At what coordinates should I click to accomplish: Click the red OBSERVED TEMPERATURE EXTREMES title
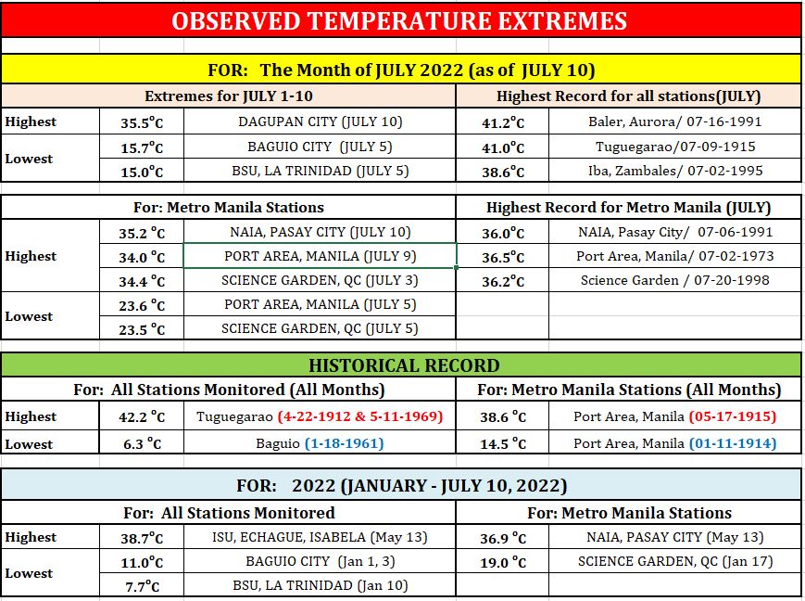pyautogui.click(x=399, y=21)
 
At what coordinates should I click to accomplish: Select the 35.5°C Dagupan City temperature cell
pyautogui.click(x=142, y=122)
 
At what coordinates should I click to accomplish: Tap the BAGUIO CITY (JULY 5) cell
pyautogui.click(x=320, y=147)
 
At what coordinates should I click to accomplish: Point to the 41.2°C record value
pyautogui.click(x=503, y=122)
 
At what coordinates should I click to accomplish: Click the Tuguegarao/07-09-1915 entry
pyautogui.click(x=675, y=147)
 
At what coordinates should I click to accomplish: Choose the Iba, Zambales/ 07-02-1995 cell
pyautogui.click(x=675, y=171)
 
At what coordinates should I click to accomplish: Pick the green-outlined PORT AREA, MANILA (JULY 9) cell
pyautogui.click(x=320, y=256)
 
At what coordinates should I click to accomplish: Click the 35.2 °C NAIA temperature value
pyautogui.click(x=142, y=233)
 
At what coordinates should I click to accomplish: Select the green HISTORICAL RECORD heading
pyautogui.click(x=404, y=365)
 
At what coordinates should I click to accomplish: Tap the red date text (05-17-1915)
pyautogui.click(x=733, y=416)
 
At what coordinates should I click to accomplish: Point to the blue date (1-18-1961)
pyautogui.click(x=344, y=443)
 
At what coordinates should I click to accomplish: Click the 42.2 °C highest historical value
pyautogui.click(x=142, y=416)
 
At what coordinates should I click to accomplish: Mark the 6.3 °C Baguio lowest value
pyautogui.click(x=142, y=443)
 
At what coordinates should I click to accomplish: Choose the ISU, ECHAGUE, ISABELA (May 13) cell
pyautogui.click(x=320, y=537)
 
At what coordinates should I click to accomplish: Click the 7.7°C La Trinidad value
pyautogui.click(x=142, y=585)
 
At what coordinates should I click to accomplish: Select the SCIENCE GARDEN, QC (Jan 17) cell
pyautogui.click(x=675, y=561)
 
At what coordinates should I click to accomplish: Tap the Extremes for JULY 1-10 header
pyautogui.click(x=229, y=96)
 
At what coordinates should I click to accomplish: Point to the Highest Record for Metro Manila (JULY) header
pyautogui.click(x=628, y=207)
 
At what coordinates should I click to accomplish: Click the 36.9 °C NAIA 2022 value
pyautogui.click(x=503, y=538)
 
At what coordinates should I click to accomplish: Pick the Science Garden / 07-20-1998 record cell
pyautogui.click(x=675, y=280)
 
